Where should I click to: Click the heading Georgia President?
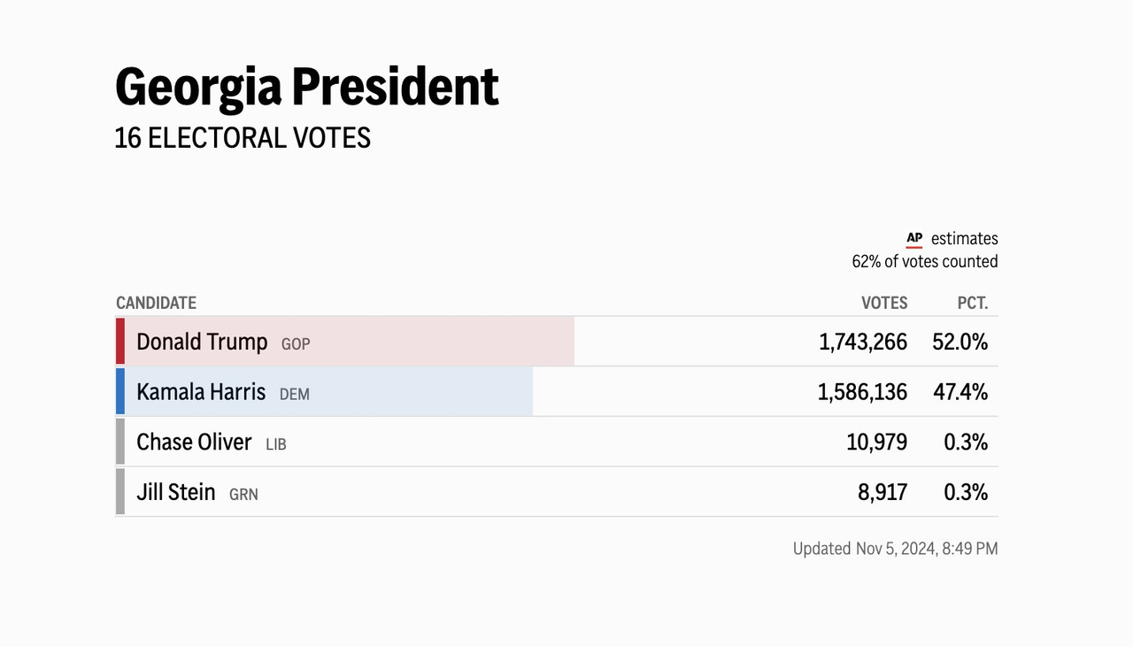307,89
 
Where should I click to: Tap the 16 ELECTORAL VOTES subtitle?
243,138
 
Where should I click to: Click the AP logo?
914,239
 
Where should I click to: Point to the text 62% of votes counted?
925,261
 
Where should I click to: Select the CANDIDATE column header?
157,303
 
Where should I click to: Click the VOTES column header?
884,303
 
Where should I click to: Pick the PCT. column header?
973,303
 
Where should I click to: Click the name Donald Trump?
202,343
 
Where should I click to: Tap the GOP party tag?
296,344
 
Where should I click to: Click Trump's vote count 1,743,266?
863,343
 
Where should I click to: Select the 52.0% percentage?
960,343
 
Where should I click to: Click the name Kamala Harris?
201,392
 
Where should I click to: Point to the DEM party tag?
295,395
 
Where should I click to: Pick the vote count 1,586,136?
862,393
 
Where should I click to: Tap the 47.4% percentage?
960,393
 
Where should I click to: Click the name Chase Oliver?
194,443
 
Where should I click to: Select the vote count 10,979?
877,443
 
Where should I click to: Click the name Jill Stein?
176,492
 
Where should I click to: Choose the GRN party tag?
243,495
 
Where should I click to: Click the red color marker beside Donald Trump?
119,341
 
